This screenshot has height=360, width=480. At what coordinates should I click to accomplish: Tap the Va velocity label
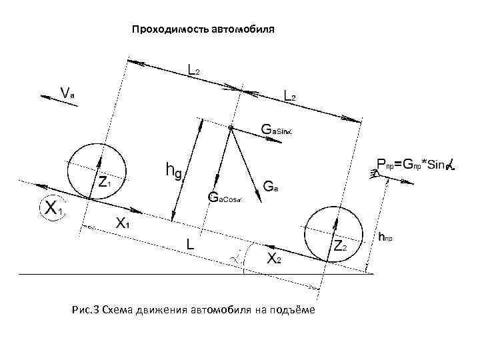point(67,93)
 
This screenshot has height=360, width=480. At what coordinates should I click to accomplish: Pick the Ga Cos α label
point(225,197)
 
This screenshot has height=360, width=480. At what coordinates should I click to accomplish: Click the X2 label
point(273,259)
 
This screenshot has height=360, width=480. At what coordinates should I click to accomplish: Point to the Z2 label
point(340,247)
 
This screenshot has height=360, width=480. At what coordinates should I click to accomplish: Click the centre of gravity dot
point(230,127)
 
